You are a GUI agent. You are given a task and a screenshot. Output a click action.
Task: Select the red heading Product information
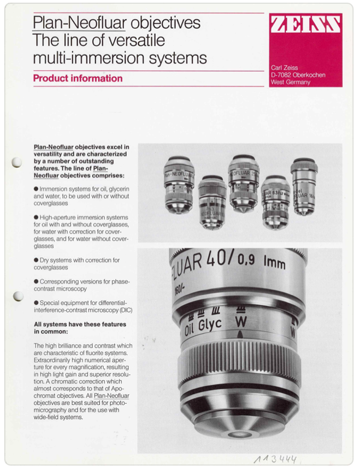(x=78, y=78)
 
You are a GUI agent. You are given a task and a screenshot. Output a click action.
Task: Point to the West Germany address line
(x=290, y=82)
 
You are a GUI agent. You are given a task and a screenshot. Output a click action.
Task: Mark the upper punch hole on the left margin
(x=17, y=162)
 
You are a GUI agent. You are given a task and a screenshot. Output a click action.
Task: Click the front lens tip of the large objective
(x=238, y=435)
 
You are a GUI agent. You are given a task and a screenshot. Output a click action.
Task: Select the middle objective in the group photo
(x=243, y=182)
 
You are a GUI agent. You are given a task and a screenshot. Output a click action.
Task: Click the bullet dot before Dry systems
(x=36, y=260)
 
